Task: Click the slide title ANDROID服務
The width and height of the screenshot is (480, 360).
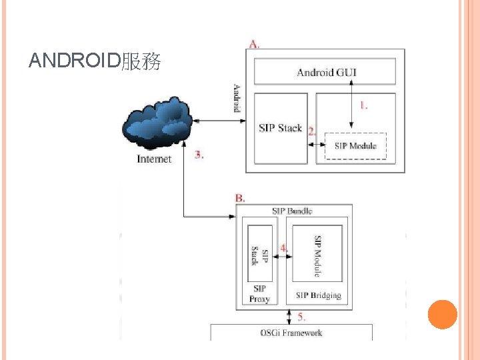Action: click(x=95, y=62)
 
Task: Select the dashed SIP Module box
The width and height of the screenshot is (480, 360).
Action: click(x=355, y=146)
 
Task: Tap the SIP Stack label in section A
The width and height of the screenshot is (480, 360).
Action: click(x=280, y=128)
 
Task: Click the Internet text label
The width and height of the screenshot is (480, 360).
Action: click(x=154, y=159)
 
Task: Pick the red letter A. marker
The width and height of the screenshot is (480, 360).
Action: click(x=255, y=44)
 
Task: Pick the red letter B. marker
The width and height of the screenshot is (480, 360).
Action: click(x=240, y=198)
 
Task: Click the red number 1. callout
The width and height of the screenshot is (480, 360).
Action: click(x=364, y=105)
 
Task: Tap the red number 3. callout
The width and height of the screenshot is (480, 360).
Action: click(x=199, y=155)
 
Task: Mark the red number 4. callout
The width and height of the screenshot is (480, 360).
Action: click(x=284, y=247)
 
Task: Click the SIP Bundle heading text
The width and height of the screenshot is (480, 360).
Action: click(x=291, y=211)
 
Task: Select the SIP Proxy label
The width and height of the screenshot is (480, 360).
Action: click(x=259, y=294)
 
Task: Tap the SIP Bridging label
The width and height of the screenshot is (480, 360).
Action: click(x=318, y=295)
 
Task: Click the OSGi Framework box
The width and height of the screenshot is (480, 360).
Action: click(x=291, y=331)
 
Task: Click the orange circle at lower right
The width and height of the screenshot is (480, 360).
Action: click(x=442, y=315)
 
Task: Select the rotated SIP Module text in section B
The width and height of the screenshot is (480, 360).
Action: click(x=318, y=255)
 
